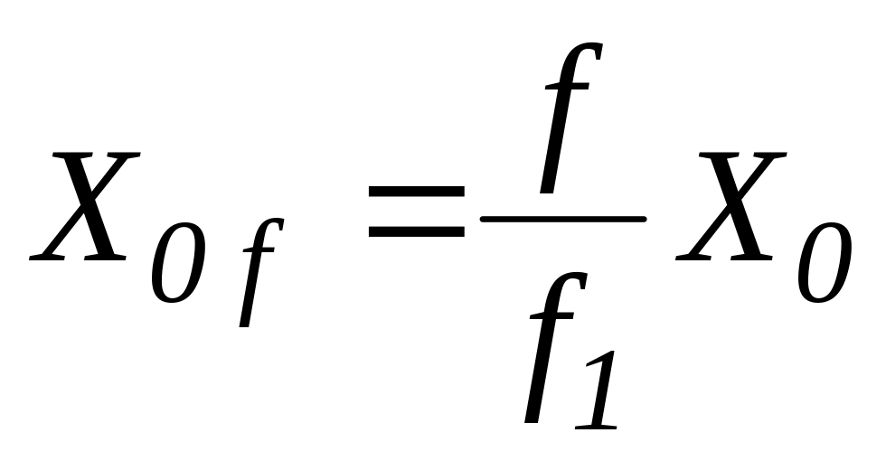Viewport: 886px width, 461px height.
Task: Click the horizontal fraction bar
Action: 563,219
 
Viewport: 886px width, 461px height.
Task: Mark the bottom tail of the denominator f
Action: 532,418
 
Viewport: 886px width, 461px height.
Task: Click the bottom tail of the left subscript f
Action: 244,321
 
